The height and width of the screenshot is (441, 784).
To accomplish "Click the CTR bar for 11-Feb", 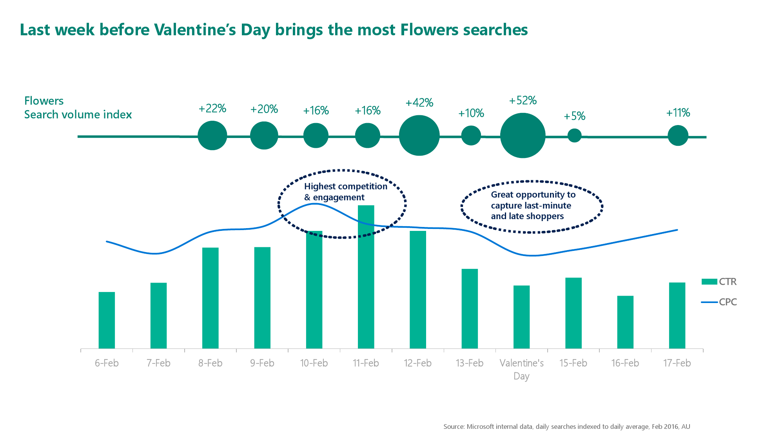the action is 366,277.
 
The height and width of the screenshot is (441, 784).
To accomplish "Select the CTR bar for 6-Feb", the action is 107,320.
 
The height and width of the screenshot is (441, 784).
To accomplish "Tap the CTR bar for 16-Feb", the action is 625,322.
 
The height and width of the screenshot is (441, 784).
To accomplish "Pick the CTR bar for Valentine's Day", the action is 521,317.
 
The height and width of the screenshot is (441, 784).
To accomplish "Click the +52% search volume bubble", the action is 523,136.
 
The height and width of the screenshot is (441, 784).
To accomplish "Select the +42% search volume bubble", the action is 419,135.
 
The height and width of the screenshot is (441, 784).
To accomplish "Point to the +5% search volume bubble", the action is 574,136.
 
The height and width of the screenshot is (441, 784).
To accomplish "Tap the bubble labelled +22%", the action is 212,136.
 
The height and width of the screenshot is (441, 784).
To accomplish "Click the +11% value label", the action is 678,113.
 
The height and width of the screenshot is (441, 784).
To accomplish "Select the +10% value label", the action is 471,113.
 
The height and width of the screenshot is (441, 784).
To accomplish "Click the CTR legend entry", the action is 719,281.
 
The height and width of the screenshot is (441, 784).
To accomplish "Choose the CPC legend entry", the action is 719,302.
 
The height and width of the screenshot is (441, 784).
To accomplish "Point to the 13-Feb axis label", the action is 469,363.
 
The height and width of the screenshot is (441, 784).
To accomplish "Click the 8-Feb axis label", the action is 210,363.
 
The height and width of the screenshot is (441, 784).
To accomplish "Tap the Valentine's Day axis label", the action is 521,369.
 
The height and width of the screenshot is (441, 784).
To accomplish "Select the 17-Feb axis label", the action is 677,363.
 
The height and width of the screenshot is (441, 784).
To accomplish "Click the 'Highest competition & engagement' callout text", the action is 346,192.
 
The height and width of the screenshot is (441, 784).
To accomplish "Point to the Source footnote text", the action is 567,426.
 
